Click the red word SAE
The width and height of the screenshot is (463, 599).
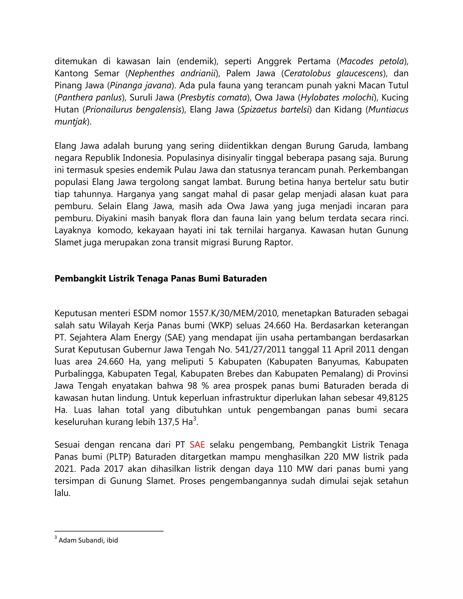click(x=197, y=445)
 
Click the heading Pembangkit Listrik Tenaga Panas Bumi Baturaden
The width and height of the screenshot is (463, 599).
click(x=161, y=278)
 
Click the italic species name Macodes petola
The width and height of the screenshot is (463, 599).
click(x=372, y=61)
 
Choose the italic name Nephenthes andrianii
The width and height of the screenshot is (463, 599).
click(x=171, y=73)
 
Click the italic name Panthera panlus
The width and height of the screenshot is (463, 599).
click(x=90, y=97)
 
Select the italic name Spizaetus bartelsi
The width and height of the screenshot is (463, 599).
click(x=274, y=109)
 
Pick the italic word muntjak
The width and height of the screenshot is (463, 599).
click(x=71, y=122)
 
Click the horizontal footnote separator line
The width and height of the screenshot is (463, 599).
click(x=109, y=531)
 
